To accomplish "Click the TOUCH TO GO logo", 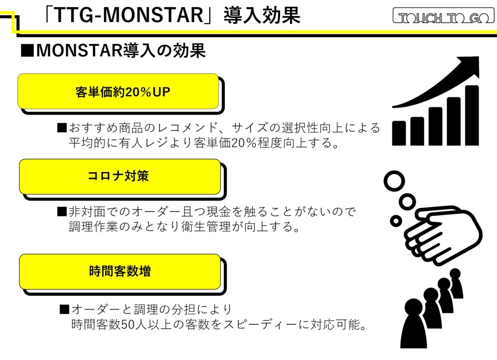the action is pos(444,16).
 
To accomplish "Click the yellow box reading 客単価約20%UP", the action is pos(118,91).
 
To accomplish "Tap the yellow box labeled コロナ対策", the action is pos(120,177).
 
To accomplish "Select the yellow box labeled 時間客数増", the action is pos(120,272).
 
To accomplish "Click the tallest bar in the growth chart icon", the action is pos(472,115).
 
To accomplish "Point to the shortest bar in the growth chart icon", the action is pos(399,133).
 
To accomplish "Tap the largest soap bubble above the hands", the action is pos(394,181).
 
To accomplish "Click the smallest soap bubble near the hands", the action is pos(396,221).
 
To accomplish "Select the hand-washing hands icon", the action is pos(443,235).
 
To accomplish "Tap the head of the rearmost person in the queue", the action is pos(456,273).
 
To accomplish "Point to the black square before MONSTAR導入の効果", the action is pos(27,51).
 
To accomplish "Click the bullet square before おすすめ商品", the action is pos(62,128).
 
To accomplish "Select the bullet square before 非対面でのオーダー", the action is pos(62,211).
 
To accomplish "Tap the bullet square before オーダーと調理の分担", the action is pos(64,309).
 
